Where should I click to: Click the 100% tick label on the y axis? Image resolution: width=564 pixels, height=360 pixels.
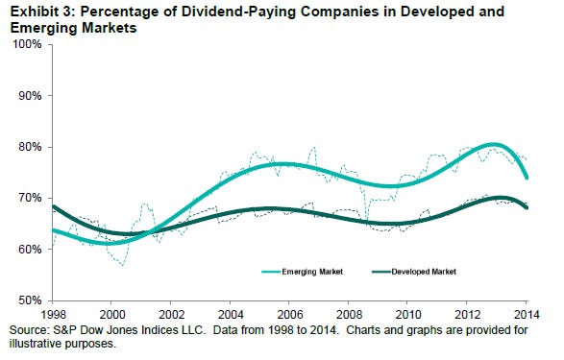(27, 44)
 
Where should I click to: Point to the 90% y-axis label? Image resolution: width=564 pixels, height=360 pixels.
(30, 96)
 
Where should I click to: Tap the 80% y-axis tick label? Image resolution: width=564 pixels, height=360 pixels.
(30, 147)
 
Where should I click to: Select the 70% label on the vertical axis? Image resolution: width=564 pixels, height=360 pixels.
(30, 199)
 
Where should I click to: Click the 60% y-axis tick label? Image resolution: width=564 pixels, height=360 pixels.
(30, 250)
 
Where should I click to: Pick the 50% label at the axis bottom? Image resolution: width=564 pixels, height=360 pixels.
(30, 300)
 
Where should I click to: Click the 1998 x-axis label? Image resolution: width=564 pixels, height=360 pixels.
(54, 315)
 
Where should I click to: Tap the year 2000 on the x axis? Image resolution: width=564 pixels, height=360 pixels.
(112, 315)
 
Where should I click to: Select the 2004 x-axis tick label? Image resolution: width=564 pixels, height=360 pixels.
(231, 315)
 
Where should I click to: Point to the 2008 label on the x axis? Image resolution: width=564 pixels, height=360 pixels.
(349, 315)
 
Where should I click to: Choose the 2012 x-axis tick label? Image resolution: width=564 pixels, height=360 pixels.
(468, 315)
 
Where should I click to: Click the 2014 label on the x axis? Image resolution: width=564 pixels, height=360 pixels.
(527, 315)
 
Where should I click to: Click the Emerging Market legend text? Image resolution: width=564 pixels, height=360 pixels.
(312, 272)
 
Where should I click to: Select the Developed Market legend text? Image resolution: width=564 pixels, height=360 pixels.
(424, 272)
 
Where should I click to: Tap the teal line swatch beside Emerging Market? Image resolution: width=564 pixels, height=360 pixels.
(271, 272)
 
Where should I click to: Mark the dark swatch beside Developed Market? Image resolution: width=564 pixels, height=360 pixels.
(381, 272)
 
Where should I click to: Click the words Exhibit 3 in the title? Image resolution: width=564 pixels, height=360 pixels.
(42, 12)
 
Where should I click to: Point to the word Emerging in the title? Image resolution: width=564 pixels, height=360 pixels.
(43, 28)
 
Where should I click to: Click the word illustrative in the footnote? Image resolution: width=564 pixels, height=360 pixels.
(36, 344)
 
